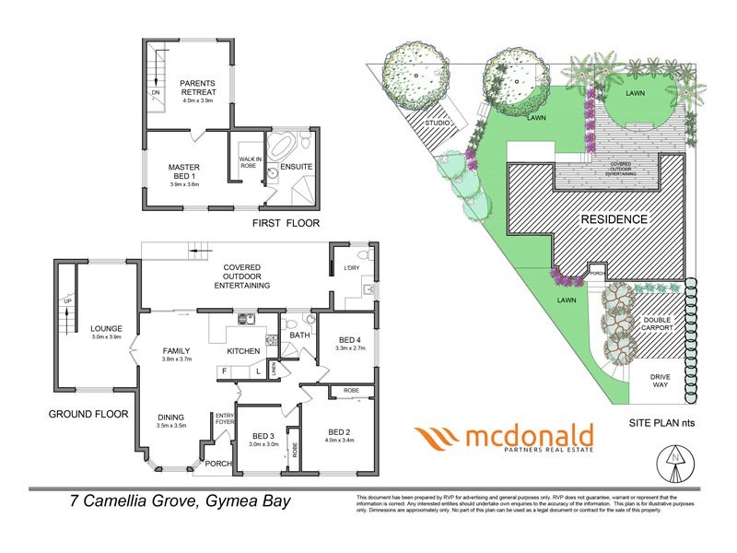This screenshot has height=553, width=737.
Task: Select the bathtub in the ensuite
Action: click(282, 150)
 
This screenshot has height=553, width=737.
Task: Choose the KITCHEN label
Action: click(244, 351)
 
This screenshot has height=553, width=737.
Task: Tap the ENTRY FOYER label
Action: click(225, 420)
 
